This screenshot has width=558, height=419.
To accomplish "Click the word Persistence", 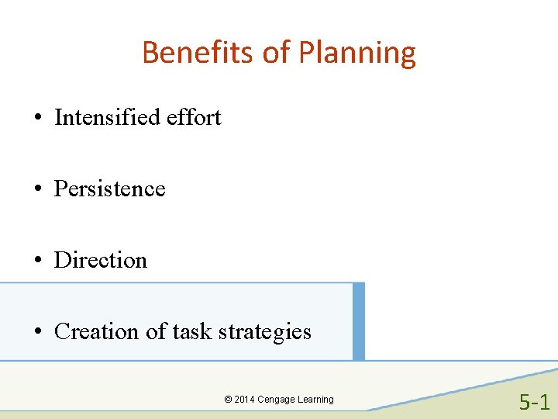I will coord(109,189).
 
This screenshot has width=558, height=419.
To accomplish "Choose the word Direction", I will coord(100,260).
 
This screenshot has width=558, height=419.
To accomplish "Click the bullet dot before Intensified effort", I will coord(37,119).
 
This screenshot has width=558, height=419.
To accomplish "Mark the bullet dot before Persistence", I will coord(37,190).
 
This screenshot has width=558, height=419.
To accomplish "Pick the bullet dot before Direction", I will coord(37,261).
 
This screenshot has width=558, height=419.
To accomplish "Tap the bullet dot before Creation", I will coord(37,333).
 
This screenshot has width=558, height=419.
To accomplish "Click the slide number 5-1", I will coord(534,402).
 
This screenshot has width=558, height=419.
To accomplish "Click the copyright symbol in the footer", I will coord(228,400).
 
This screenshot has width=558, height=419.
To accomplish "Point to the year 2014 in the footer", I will coord(244,400).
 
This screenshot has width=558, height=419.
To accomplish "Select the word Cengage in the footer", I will coord(276,400).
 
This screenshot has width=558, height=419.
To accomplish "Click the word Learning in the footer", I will coord(316,400).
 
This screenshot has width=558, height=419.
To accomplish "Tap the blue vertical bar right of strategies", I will coord(358,321).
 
